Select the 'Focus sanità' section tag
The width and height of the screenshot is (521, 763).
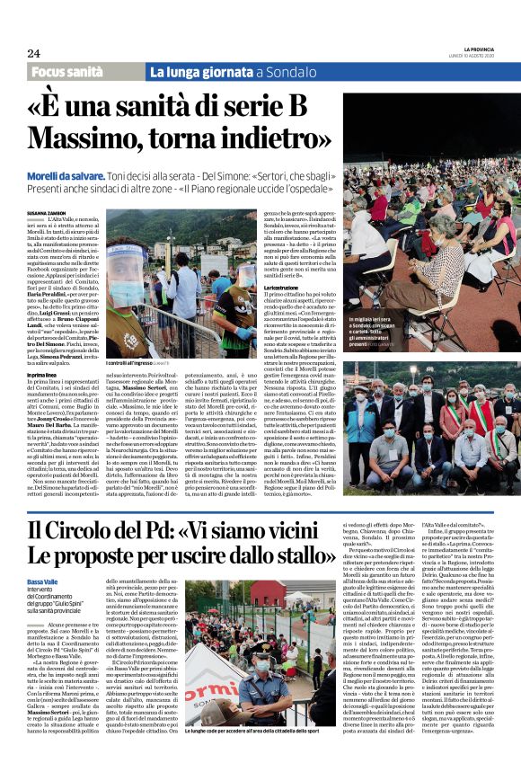pos(72,70)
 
